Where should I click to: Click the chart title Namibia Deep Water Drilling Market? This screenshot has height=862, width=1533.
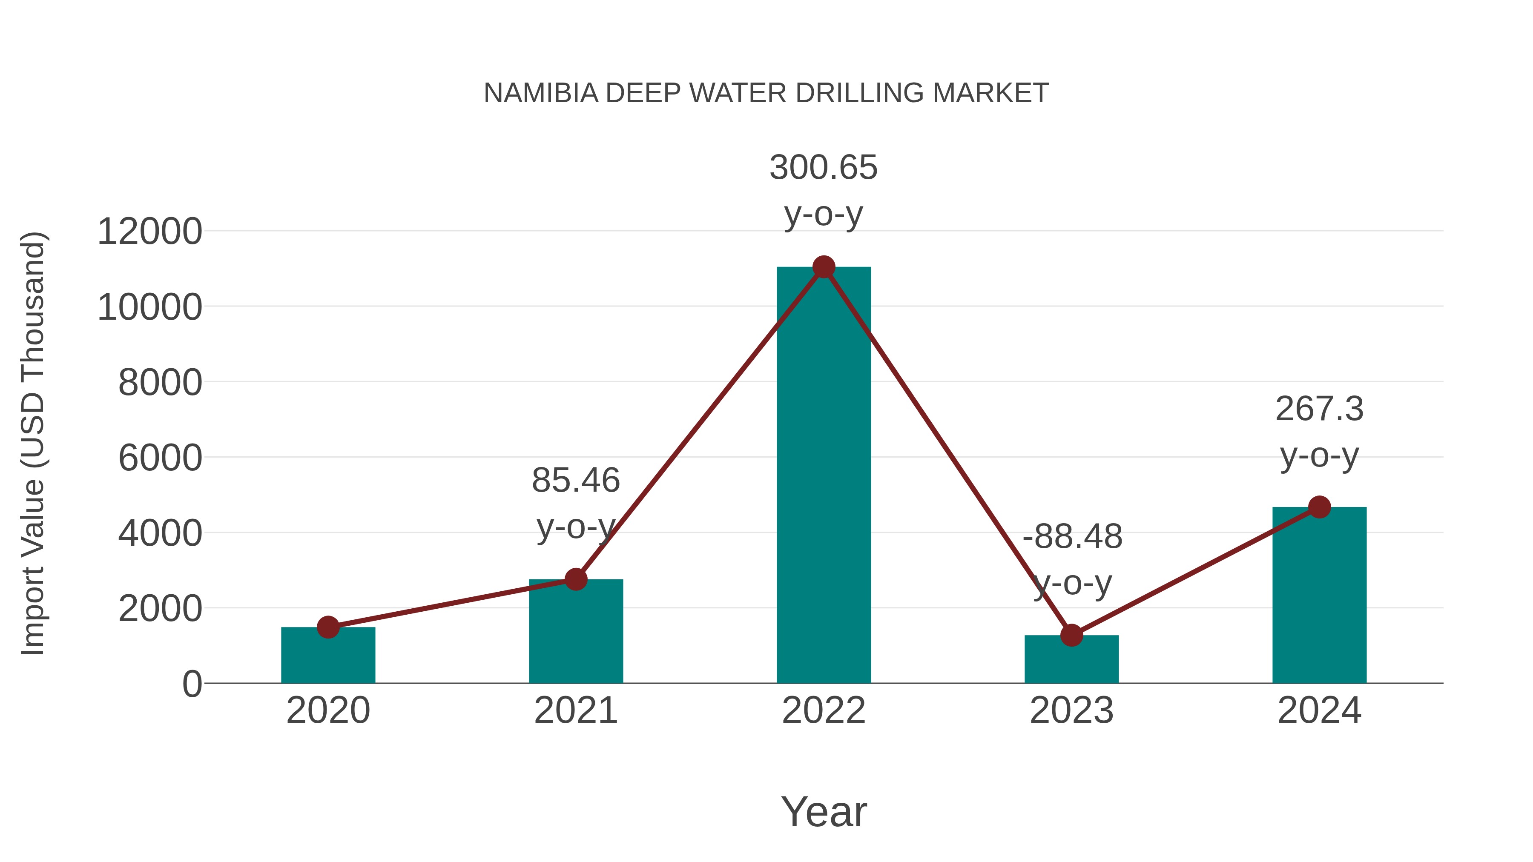coord(766,93)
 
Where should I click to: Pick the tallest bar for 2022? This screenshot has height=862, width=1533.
coord(824,476)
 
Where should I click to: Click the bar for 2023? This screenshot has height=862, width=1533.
coord(1071,660)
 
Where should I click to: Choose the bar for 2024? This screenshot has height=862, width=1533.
coord(1319,595)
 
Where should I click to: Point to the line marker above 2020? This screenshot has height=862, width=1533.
coord(328,627)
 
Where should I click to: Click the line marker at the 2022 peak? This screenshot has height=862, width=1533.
coord(824,267)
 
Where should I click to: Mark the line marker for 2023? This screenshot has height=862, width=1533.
coord(1071,636)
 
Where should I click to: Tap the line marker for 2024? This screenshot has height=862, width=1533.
coord(1319,507)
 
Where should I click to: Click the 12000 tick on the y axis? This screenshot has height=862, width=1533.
coord(149,232)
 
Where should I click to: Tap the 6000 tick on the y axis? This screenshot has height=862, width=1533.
coord(160,458)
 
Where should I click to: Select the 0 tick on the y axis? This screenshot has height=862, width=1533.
coord(192,684)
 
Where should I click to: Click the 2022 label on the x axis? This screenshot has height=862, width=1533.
coord(824,710)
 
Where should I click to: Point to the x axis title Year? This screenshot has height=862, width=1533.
coord(824,812)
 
